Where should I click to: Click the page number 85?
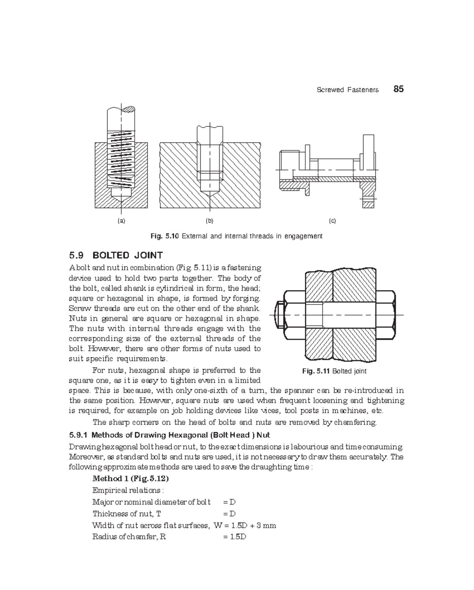click(398, 89)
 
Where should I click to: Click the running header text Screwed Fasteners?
click(348, 90)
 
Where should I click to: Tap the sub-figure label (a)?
click(121, 221)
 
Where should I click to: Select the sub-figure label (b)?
click(209, 221)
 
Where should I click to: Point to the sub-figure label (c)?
click(332, 221)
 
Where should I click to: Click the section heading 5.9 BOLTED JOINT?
click(116, 255)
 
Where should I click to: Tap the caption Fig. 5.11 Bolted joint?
click(334, 371)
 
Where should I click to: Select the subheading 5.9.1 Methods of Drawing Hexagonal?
click(169, 435)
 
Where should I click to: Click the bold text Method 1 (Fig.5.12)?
click(130, 478)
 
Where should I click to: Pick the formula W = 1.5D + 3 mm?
click(245, 526)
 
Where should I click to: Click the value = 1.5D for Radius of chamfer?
click(235, 537)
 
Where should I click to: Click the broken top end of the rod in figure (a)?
click(121, 109)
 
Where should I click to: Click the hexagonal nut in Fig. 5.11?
click(294, 314)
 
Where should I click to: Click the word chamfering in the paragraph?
click(355, 422)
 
